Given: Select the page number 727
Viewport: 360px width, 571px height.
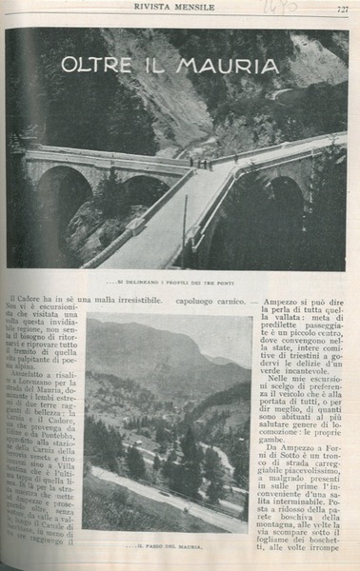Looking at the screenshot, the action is [340, 10].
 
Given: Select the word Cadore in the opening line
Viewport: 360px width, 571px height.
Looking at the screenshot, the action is [40, 302].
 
